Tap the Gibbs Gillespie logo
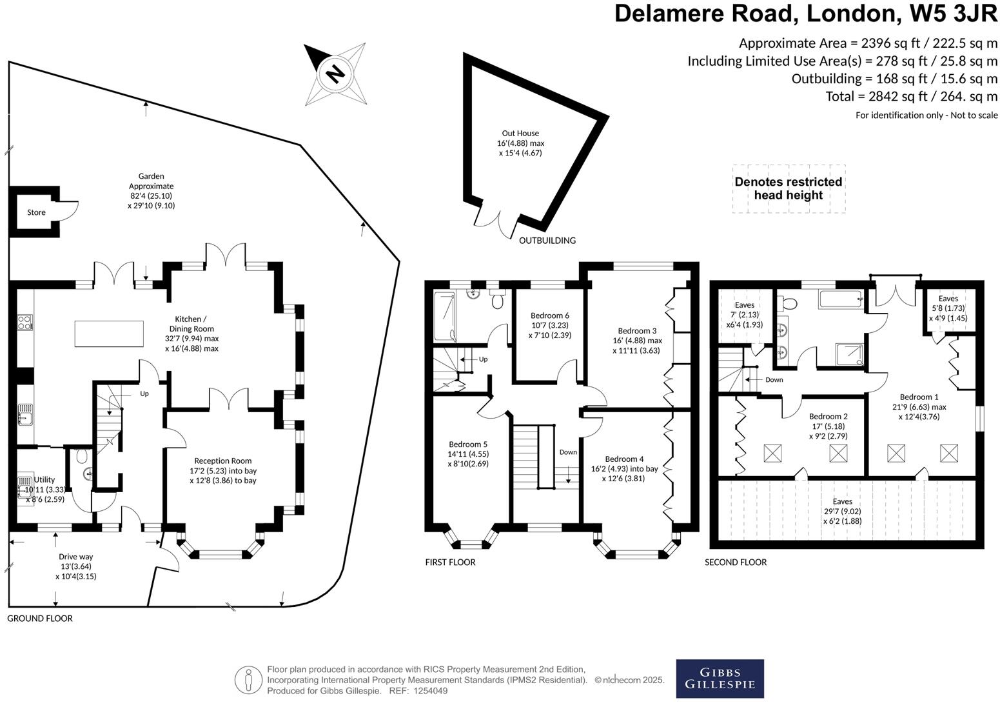click(x=720, y=678)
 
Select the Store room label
click(x=36, y=212)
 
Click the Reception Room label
click(x=223, y=461)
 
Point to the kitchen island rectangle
click(x=108, y=334)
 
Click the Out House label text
click(x=520, y=134)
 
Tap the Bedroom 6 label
click(x=549, y=315)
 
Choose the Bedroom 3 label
click(x=636, y=331)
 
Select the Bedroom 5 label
click(x=468, y=444)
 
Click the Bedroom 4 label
click(x=624, y=459)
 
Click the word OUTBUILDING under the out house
click(x=547, y=241)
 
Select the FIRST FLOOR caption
click(x=450, y=563)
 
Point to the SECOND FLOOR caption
click(x=735, y=563)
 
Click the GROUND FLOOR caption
click(x=40, y=619)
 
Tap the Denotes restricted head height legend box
click(x=788, y=188)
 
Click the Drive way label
click(x=76, y=557)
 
